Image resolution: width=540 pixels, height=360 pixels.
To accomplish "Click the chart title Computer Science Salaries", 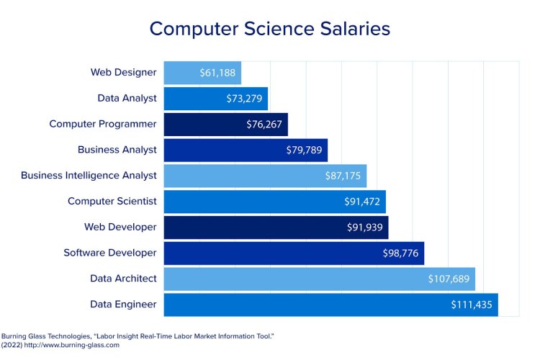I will click(269, 29).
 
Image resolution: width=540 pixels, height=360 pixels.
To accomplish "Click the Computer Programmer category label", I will click(103, 124).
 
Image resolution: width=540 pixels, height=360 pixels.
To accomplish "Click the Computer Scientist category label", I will click(112, 201).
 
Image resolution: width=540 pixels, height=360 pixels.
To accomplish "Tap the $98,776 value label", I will click(400, 253).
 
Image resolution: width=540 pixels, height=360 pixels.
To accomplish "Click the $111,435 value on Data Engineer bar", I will click(472, 305).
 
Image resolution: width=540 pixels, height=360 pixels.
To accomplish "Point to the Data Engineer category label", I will click(123, 305).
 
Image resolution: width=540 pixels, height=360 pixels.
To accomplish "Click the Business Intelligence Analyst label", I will click(89, 175).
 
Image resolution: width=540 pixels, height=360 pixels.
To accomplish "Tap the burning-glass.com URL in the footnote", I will click(76, 345).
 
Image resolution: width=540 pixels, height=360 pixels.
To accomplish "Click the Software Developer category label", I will click(109, 253).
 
